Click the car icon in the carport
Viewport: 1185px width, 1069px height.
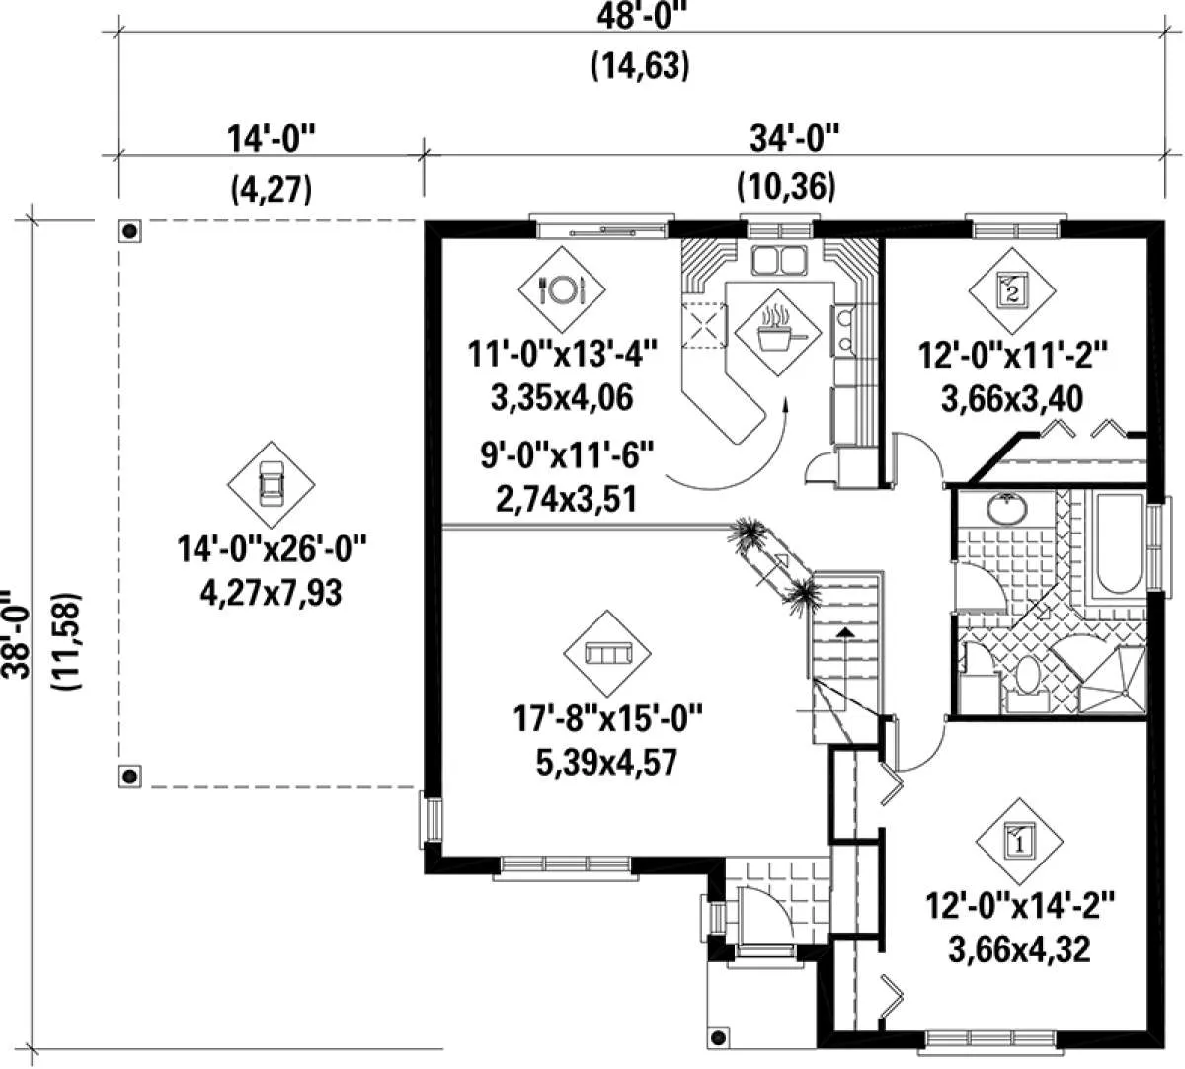point(272,484)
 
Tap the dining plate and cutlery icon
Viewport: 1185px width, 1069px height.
point(562,289)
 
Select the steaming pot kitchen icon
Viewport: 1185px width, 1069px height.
point(777,333)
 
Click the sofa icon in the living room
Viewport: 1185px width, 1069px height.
point(607,653)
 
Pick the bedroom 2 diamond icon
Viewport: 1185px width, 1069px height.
point(1012,290)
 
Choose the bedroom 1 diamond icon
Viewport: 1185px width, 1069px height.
point(1019,842)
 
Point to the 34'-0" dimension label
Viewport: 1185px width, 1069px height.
point(794,139)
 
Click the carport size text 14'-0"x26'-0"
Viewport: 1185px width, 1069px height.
point(273,548)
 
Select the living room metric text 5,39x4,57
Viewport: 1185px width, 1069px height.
point(606,762)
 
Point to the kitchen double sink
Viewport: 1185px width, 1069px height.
point(778,260)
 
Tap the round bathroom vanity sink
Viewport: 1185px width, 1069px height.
point(1007,509)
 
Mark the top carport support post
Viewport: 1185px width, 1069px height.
point(130,230)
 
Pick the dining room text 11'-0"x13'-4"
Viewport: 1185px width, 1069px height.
point(562,354)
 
